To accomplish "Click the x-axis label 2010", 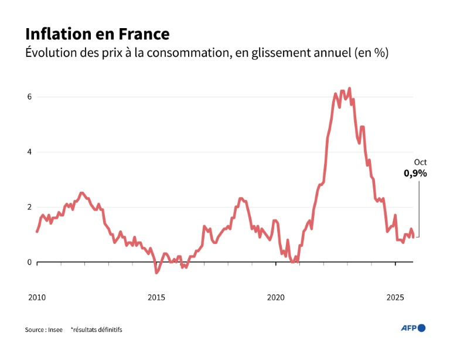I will coord(36,297).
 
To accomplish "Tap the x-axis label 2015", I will coord(156,297).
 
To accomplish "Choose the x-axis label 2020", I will coord(276,297).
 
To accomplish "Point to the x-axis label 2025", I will coord(396,297).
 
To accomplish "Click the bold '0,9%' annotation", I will coord(415,174).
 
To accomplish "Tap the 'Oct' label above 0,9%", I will coord(420,162).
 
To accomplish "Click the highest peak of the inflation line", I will coord(349,89).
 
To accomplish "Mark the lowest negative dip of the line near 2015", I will coord(156,273).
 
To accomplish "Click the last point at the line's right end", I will coord(414,237).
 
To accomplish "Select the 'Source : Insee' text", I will coord(44,330).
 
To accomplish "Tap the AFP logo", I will coord(412,328).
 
